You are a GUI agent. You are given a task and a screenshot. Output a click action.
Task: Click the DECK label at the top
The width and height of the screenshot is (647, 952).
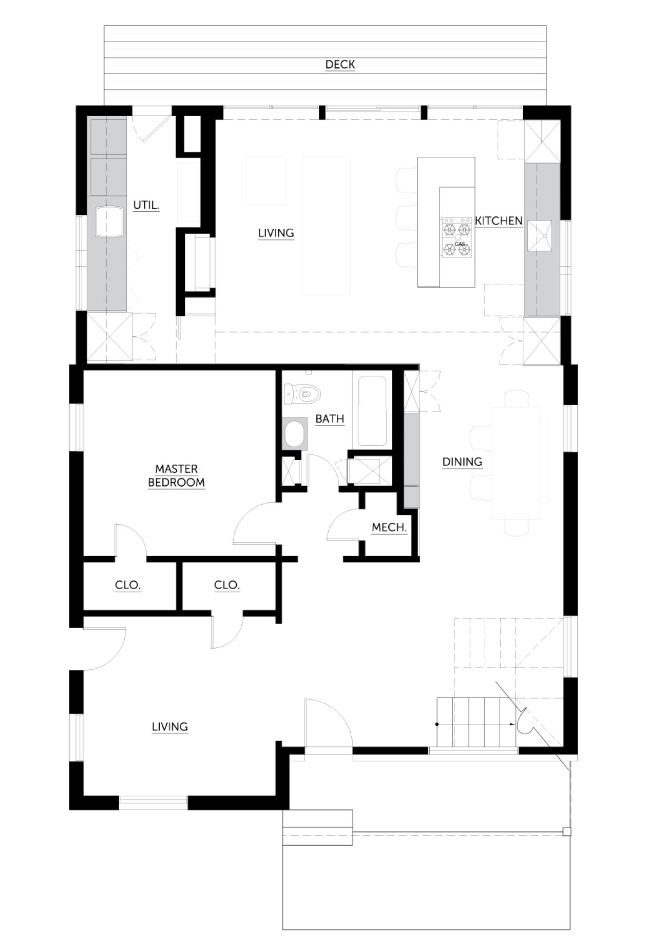(340, 65)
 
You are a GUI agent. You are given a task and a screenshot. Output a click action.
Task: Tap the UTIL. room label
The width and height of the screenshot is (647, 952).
(146, 206)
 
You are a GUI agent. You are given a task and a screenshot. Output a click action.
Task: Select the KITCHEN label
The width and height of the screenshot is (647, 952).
(499, 221)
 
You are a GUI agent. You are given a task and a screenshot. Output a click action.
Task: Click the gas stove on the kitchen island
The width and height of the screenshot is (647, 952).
(456, 236)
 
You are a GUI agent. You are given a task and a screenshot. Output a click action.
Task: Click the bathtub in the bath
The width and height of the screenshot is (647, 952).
(372, 411)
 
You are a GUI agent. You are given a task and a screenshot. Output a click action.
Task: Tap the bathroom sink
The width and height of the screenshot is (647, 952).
(295, 434)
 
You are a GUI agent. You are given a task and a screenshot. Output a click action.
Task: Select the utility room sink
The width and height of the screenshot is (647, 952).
(108, 222)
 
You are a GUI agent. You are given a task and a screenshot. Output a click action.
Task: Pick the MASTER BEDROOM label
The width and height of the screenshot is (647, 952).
(177, 475)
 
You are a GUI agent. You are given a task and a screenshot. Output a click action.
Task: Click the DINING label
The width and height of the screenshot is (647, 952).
(462, 462)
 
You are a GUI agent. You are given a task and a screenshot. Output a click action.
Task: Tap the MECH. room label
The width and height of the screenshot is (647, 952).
(389, 527)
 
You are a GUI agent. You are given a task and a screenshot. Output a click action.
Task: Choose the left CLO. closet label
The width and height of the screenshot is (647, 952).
(128, 585)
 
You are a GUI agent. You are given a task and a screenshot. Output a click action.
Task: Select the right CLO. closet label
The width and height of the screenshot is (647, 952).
(227, 585)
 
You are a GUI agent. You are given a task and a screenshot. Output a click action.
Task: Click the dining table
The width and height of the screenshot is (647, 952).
(516, 463)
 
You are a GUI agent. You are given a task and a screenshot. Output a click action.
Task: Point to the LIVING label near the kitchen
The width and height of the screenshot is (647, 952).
(276, 233)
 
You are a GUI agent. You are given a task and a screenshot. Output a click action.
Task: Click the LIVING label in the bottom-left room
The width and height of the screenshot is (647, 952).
(170, 727)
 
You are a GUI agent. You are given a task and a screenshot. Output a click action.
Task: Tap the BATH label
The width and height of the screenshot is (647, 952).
(330, 419)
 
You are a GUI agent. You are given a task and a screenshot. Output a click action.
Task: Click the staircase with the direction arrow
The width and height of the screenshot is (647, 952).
(476, 724)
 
